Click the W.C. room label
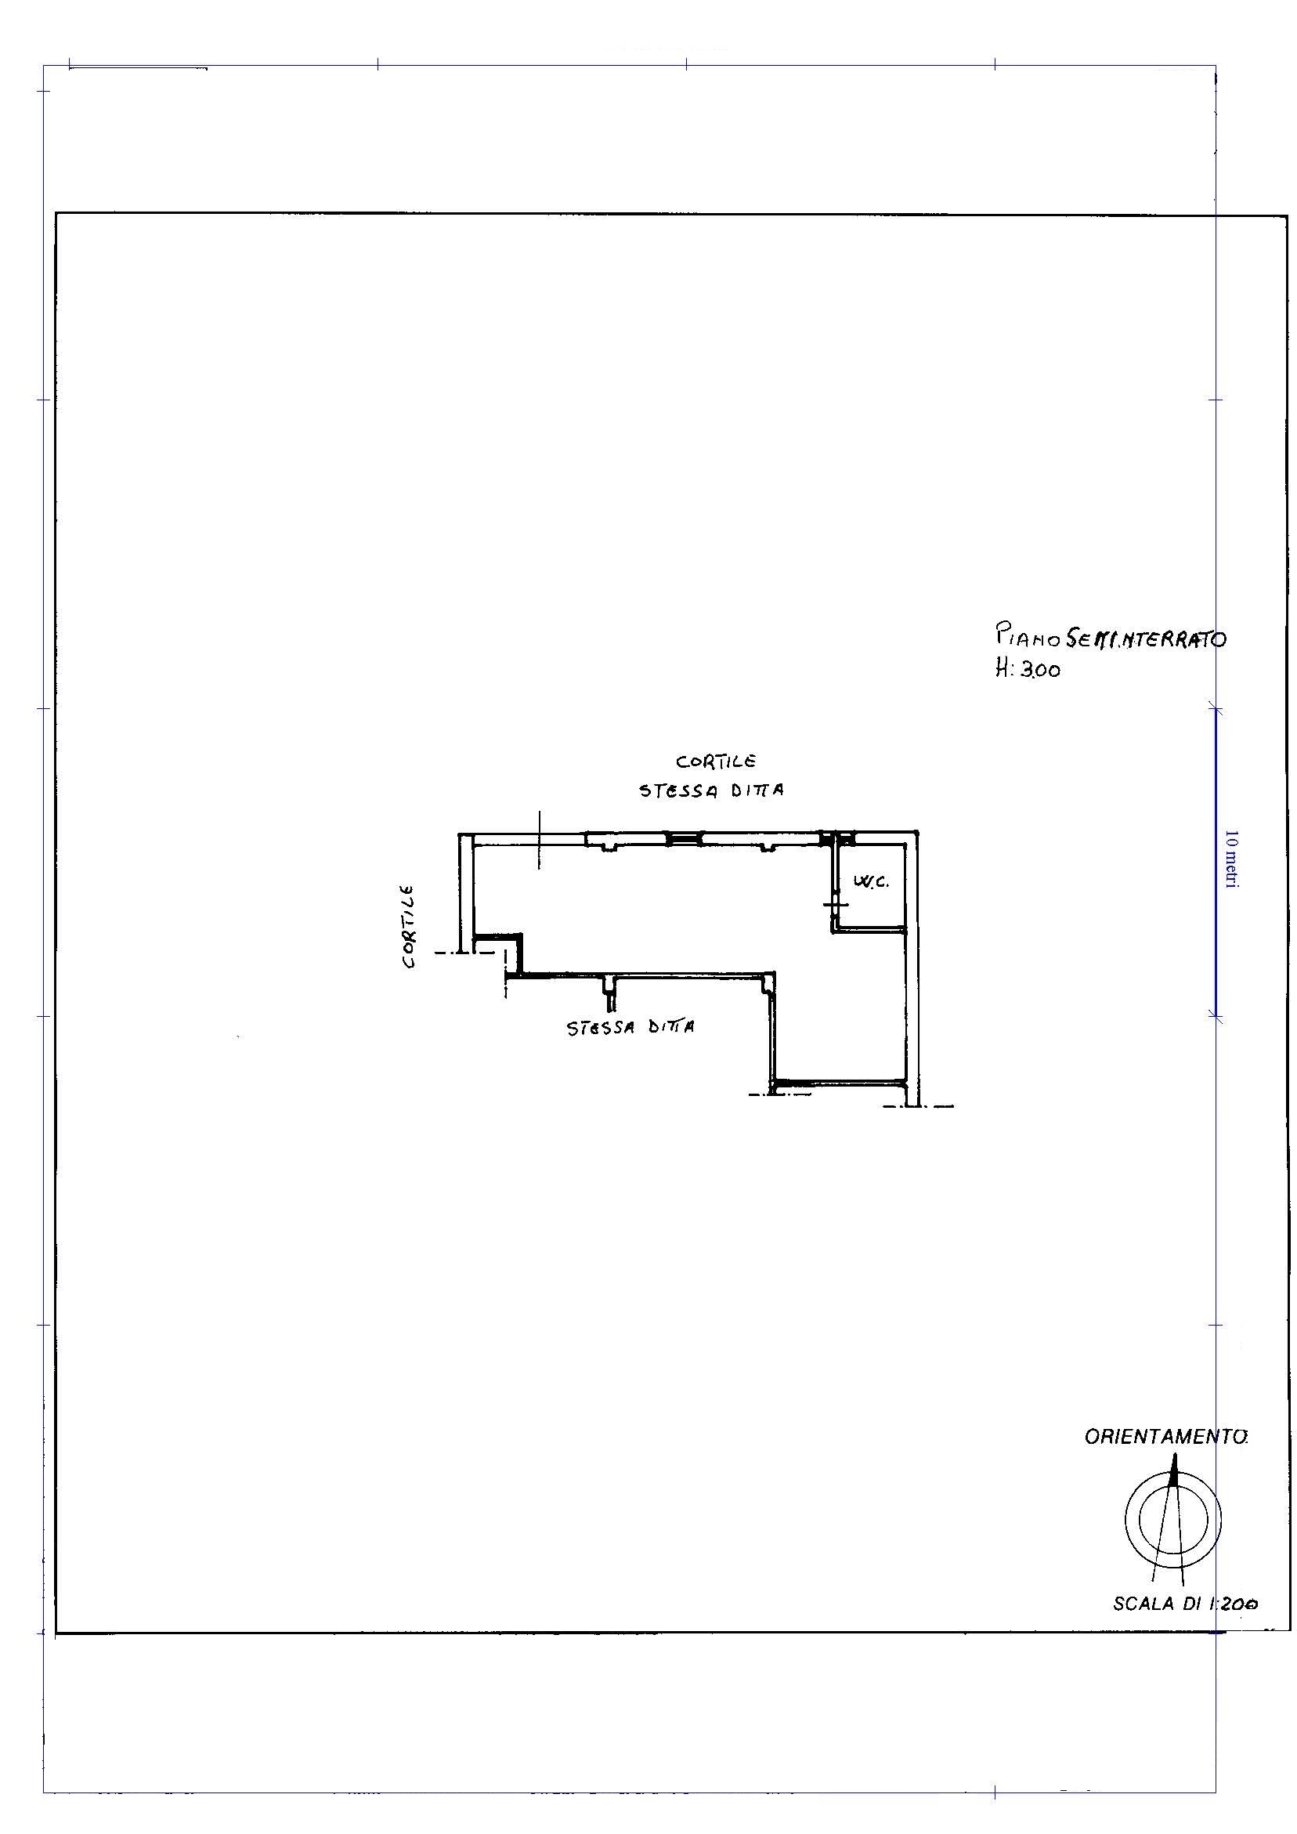[x=870, y=883]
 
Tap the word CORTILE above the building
[x=716, y=761]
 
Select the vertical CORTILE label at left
[x=409, y=926]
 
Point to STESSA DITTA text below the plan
[x=630, y=1027]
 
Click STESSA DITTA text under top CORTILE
[x=711, y=790]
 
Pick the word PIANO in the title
[x=1028, y=637]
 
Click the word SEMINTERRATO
[x=1146, y=637]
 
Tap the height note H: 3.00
[x=1027, y=669]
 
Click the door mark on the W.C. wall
[x=835, y=904]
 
